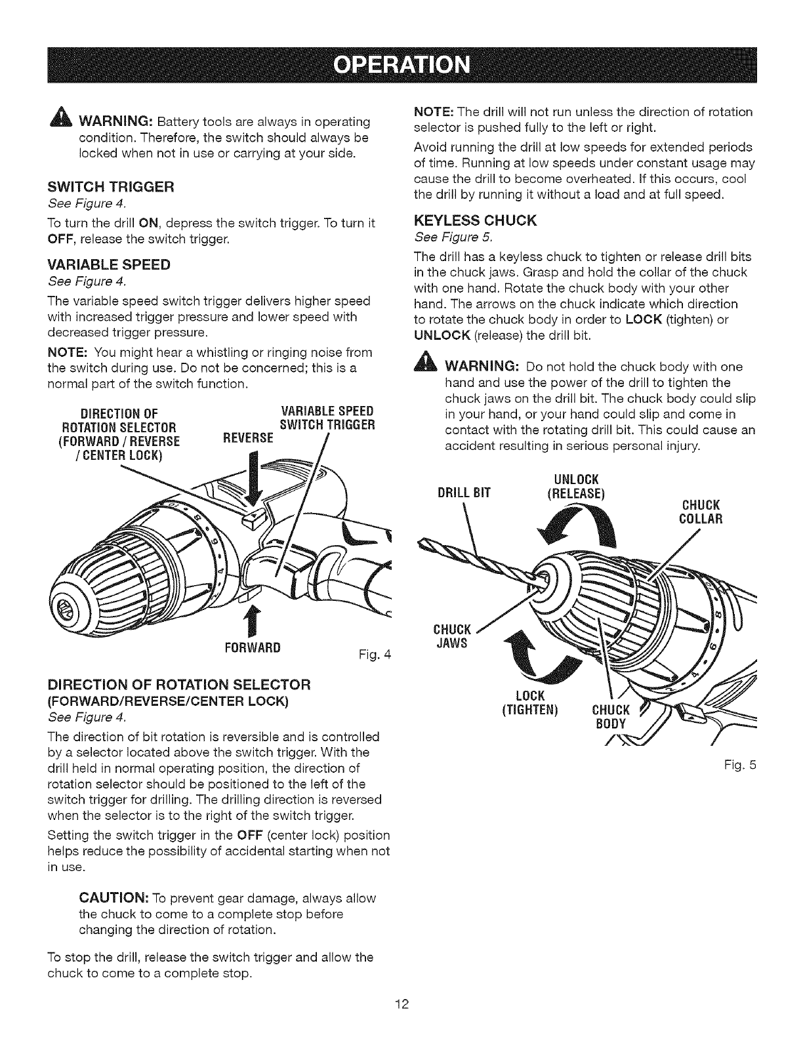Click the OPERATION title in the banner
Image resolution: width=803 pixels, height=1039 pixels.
[x=401, y=66]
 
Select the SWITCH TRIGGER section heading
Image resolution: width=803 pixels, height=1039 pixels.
[x=109, y=187]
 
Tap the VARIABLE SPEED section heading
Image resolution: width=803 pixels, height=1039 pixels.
[x=109, y=265]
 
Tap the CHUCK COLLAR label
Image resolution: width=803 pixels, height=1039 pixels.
[x=701, y=512]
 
